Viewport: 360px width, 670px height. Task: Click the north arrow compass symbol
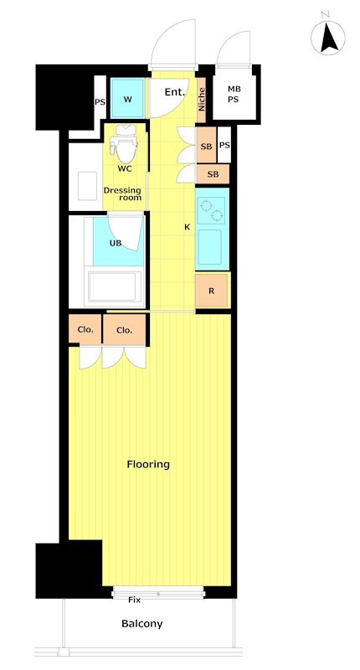(328, 38)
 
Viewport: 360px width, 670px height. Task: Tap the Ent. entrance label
(175, 92)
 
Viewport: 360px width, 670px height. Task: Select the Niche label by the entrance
(202, 100)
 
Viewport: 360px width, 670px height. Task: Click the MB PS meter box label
(234, 95)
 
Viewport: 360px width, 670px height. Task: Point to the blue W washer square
(128, 98)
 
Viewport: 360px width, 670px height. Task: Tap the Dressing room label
(122, 194)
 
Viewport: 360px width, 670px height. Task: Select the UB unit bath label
(116, 243)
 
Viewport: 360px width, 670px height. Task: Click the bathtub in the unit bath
(115, 286)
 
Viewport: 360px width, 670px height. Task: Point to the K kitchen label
(187, 227)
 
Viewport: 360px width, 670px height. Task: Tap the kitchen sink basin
(209, 247)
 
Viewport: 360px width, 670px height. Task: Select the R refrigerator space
(211, 291)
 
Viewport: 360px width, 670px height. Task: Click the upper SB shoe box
(206, 145)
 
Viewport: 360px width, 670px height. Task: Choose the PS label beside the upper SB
(224, 145)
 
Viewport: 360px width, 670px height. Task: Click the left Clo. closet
(85, 329)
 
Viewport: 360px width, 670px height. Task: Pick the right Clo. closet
(125, 329)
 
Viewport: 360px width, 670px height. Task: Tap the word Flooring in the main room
(148, 464)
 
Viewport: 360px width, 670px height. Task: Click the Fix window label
(135, 600)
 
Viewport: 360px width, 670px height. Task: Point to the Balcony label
(142, 624)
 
